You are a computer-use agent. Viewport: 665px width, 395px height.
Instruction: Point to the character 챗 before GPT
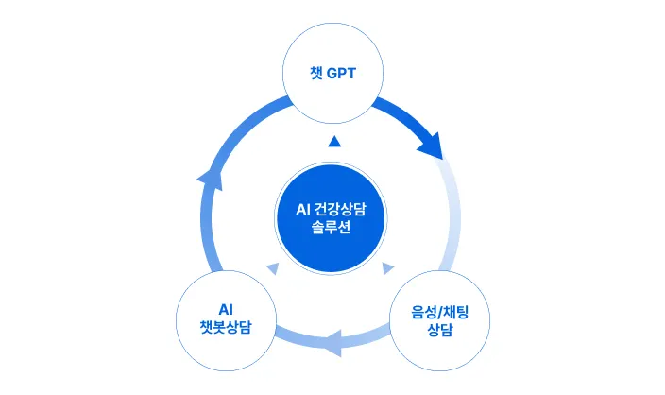click(316, 74)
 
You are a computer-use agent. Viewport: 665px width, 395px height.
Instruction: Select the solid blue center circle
click(332, 218)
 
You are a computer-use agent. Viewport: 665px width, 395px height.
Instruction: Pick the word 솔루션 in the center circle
click(332, 229)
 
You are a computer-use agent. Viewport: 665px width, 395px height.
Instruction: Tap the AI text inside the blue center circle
click(303, 210)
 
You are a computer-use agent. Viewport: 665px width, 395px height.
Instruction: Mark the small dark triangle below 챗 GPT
click(332, 142)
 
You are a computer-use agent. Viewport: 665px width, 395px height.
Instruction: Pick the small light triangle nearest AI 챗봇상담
click(274, 269)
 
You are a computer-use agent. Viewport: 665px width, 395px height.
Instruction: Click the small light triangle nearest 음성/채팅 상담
click(388, 269)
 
